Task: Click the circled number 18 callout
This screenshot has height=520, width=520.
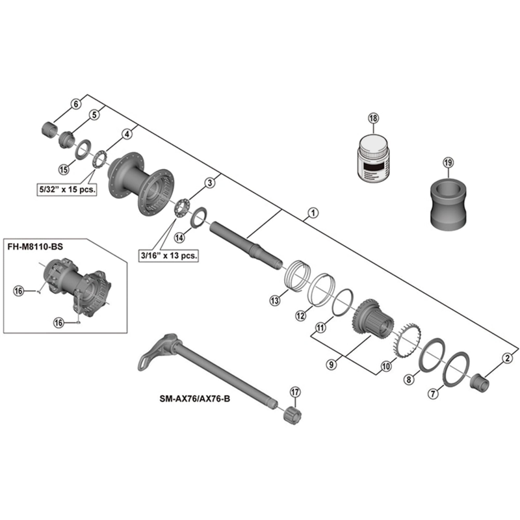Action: tap(372, 118)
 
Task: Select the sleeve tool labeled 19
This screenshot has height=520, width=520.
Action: tap(448, 203)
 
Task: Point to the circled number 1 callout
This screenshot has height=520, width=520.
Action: tap(313, 213)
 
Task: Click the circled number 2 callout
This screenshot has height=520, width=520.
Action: tap(506, 357)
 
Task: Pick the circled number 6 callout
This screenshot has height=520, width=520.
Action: tap(75, 104)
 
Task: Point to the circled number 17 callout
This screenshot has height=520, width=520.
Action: tap(296, 392)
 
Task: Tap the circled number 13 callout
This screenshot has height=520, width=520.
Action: tap(275, 300)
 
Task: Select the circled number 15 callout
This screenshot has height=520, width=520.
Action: tap(63, 170)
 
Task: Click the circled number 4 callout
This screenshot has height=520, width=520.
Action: tap(127, 133)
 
